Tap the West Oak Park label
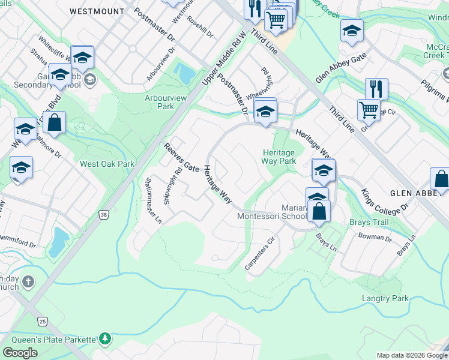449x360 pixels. tap(107, 164)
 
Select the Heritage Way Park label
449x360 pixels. tap(279, 157)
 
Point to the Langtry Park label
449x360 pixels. tap(385, 298)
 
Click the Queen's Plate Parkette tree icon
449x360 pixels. tap(105, 339)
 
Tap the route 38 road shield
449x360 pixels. tap(105, 214)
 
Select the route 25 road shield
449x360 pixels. tap(41, 322)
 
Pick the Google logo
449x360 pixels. tap(20, 352)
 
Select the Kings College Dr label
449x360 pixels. tap(385, 203)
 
